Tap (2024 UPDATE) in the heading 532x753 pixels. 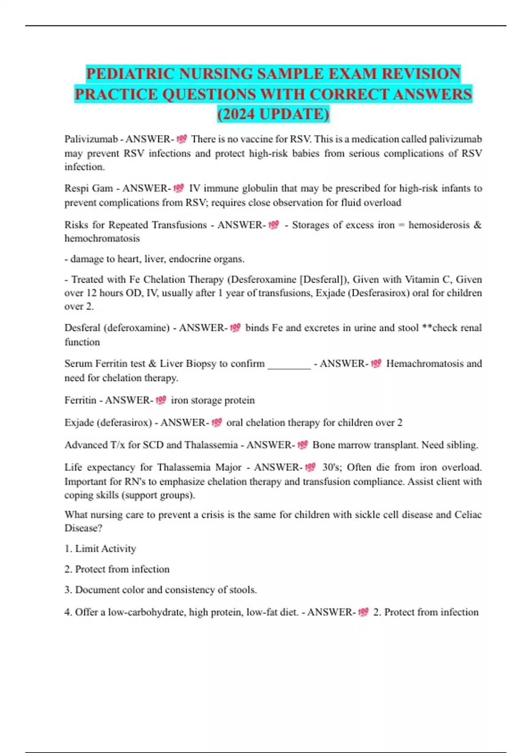[273, 114]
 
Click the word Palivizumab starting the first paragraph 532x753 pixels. [91, 139]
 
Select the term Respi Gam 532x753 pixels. [89, 188]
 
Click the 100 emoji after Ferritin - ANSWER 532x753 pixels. [160, 400]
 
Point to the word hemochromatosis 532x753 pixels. [102, 238]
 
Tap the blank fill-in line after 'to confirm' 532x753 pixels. [289, 364]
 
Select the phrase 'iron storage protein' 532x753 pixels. [213, 400]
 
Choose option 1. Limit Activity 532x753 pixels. [100, 549]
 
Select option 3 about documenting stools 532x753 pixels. [161, 590]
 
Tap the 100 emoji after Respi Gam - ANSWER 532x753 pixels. [178, 188]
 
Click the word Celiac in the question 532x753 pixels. [468, 515]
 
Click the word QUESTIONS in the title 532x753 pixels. [209, 94]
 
